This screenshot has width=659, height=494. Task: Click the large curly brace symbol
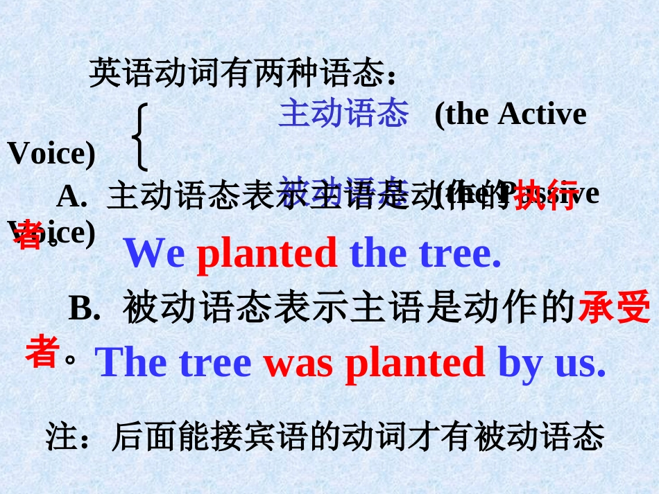click(142, 137)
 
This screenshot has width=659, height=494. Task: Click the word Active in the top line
click(542, 114)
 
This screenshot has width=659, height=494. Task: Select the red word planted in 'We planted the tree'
click(267, 254)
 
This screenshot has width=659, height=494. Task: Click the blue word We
click(155, 254)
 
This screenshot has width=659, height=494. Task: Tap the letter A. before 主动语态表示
click(71, 197)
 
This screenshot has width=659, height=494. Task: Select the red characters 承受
click(614, 308)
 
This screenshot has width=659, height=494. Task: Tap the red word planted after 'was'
click(415, 363)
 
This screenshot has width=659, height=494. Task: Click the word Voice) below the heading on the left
click(51, 154)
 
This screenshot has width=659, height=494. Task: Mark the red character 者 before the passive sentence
click(41, 352)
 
